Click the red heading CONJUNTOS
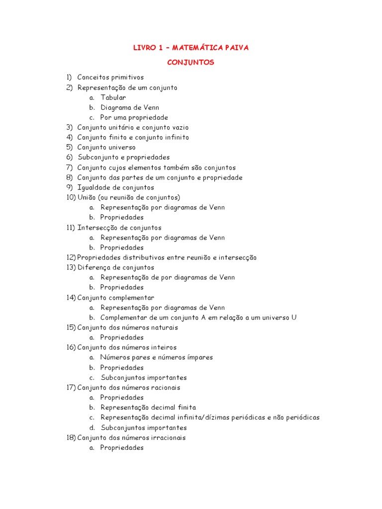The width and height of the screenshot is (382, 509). click(191, 63)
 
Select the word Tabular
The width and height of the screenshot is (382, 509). click(113, 97)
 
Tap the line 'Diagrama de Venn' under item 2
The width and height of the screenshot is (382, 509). click(129, 107)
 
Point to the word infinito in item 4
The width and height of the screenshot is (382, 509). click(175, 137)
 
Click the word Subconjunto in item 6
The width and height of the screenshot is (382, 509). click(97, 158)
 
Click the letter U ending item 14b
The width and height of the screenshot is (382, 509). click(294, 318)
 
